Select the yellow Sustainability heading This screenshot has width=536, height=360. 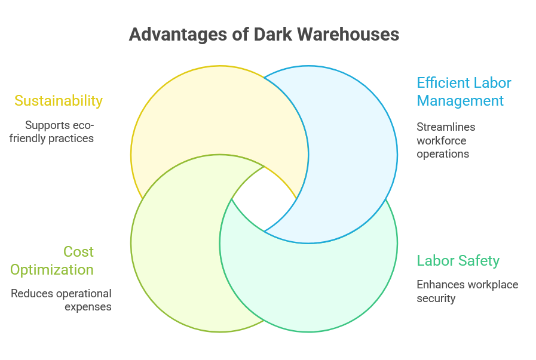click(x=59, y=100)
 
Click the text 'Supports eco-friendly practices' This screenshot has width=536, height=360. click(x=60, y=132)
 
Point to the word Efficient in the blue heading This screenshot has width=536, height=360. click(x=443, y=82)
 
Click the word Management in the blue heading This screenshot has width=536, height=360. click(x=460, y=100)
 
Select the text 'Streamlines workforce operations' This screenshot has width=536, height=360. click(x=446, y=140)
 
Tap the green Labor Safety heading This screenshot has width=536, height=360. click(x=458, y=260)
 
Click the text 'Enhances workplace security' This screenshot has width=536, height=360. click(x=467, y=291)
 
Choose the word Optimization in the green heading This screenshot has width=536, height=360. click(x=52, y=269)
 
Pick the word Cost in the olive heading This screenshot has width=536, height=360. click(x=79, y=251)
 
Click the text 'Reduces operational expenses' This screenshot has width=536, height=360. click(x=62, y=300)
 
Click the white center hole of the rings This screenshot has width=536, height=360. click(x=264, y=199)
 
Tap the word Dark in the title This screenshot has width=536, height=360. click(x=272, y=35)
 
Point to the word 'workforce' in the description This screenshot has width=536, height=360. click(x=442, y=140)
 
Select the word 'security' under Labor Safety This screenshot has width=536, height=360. click(x=436, y=298)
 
